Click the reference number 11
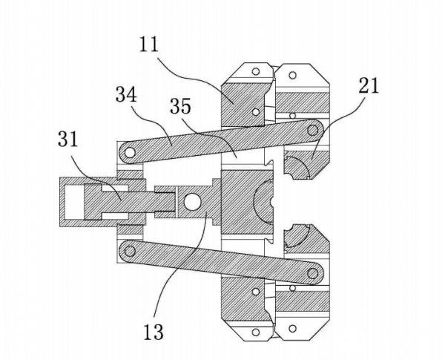click(149, 45)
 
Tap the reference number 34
click(126, 94)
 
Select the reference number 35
click(180, 106)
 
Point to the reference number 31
click(67, 140)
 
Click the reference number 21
click(369, 86)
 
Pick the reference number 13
click(154, 332)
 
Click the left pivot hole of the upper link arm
click(130, 153)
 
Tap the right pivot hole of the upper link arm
click(313, 131)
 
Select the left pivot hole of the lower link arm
click(130, 251)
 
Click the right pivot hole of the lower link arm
click(313, 273)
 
